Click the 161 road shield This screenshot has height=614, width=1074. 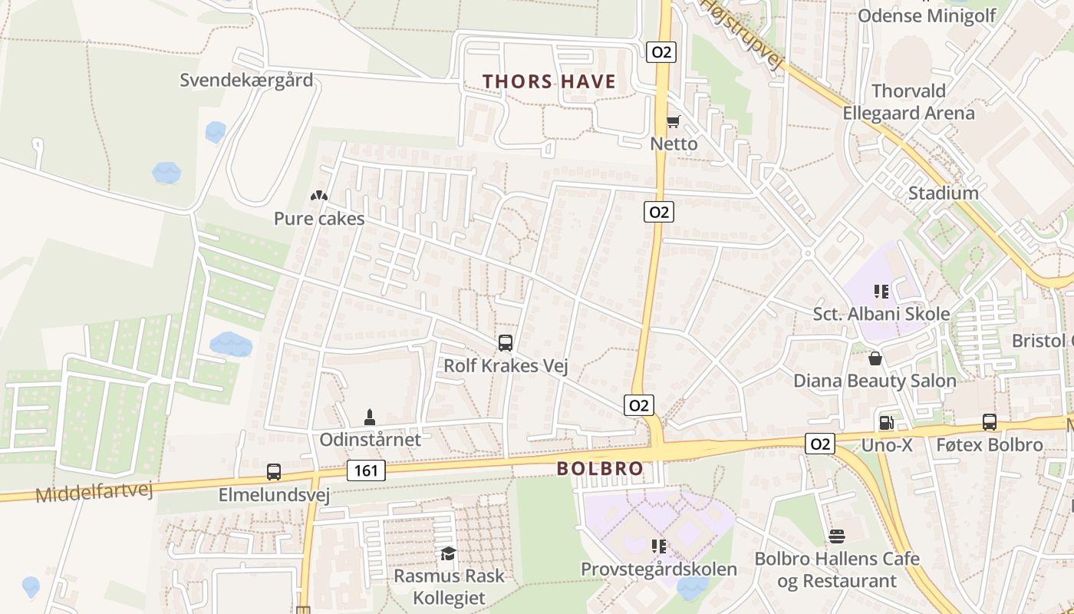(x=366, y=470)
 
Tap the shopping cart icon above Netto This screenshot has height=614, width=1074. (x=673, y=121)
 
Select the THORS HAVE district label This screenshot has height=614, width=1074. (x=549, y=82)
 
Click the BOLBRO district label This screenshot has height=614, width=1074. (x=600, y=468)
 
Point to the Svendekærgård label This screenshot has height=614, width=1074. (x=246, y=80)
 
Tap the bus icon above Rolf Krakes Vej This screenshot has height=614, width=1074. (x=505, y=343)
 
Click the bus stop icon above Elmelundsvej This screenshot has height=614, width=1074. (x=274, y=472)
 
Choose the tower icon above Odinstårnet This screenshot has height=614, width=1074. (x=370, y=418)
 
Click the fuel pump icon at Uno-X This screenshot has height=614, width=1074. (x=886, y=422)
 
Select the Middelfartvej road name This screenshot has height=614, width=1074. (x=94, y=490)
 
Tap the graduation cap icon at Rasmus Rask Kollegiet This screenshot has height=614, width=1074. (x=448, y=553)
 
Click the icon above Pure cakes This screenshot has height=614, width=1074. (x=319, y=196)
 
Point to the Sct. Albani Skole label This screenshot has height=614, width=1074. (x=881, y=314)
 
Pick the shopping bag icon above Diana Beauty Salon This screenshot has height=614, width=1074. (x=875, y=358)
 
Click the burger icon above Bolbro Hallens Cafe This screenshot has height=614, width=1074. (x=837, y=536)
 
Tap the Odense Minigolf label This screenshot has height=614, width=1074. (x=927, y=15)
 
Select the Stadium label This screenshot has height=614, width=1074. (x=943, y=193)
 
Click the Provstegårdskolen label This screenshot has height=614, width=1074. (x=659, y=569)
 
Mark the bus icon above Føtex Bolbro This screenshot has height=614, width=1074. (x=990, y=422)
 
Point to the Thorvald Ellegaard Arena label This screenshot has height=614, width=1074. (x=908, y=102)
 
